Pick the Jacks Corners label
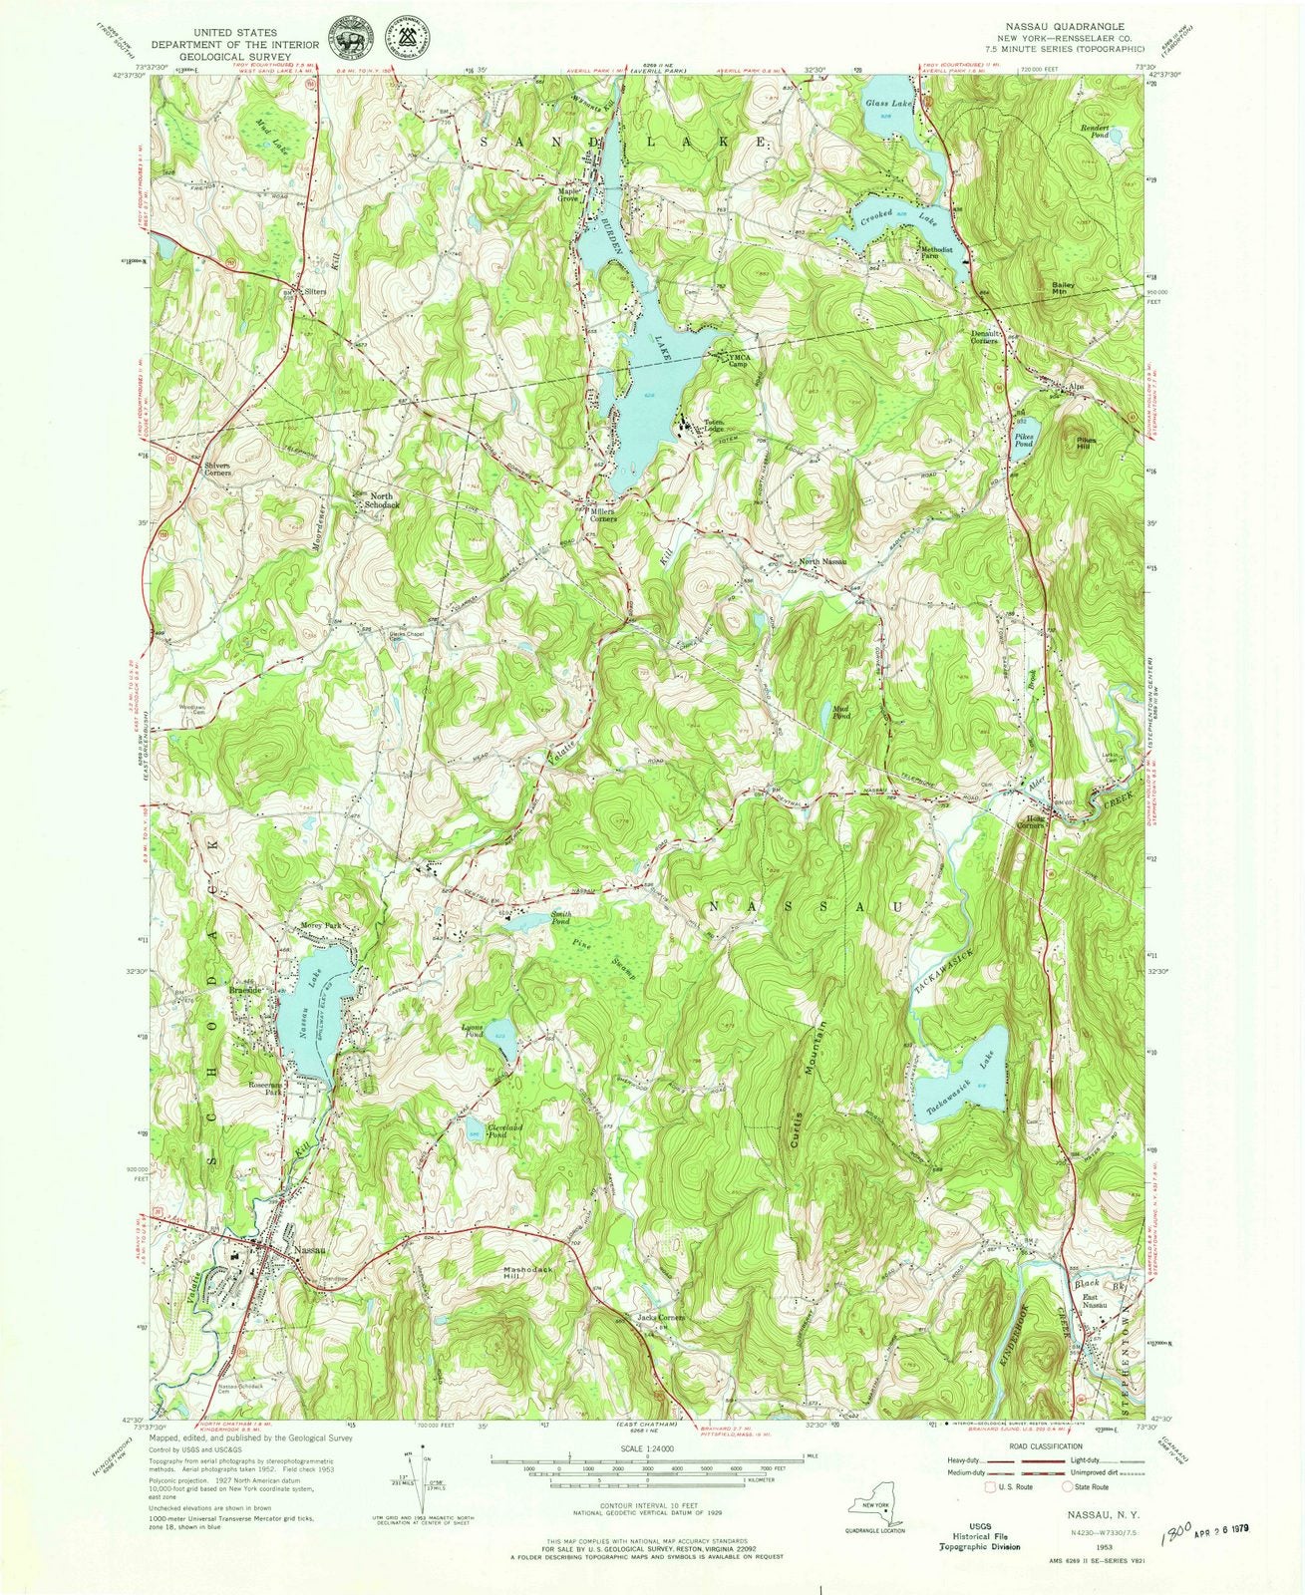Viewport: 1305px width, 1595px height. point(660,1318)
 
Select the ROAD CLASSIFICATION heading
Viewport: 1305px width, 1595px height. point(1041,1445)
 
